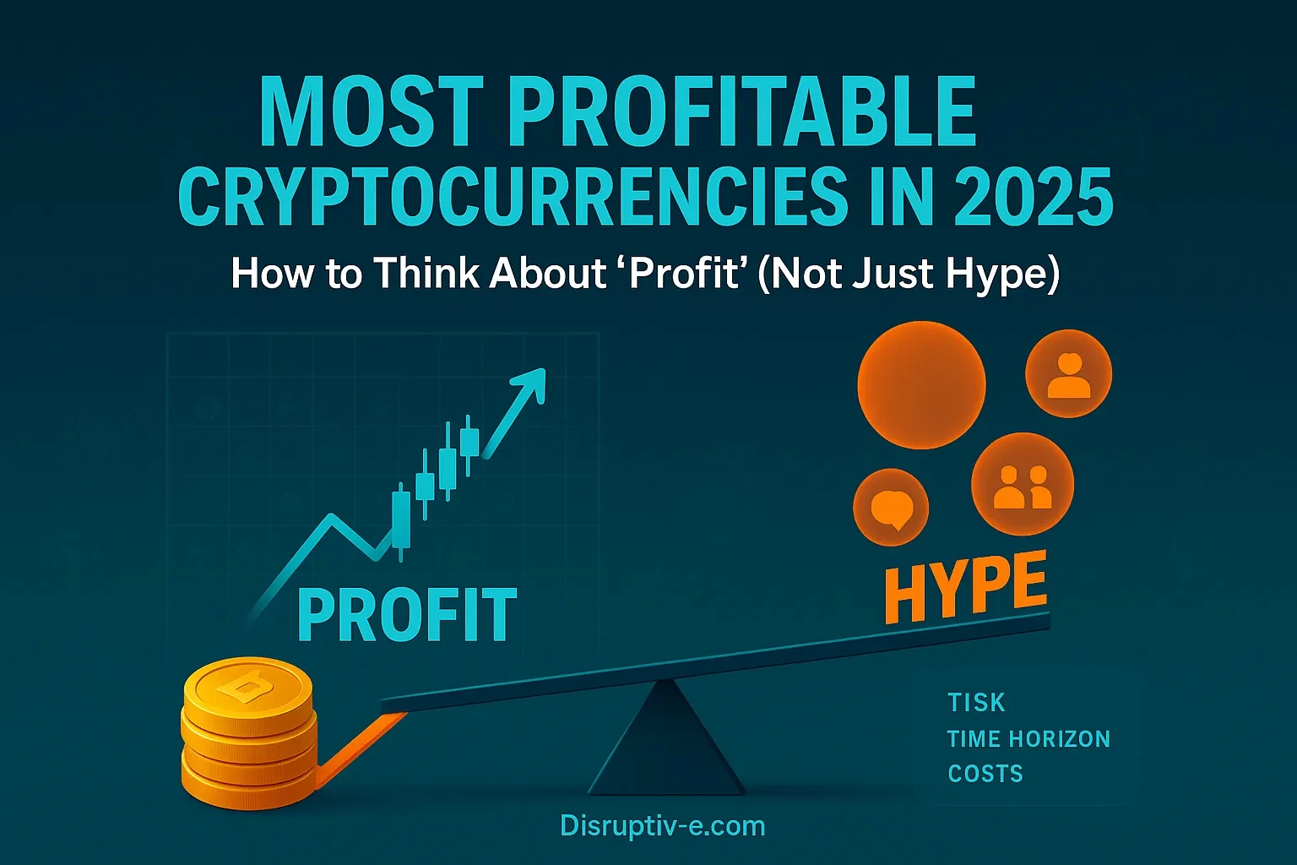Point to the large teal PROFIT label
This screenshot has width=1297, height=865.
(407, 615)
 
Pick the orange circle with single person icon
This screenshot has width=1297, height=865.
(1068, 373)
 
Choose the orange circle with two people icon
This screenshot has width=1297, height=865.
(1023, 485)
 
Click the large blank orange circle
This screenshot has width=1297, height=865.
(921, 384)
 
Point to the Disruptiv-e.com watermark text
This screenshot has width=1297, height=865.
(662, 825)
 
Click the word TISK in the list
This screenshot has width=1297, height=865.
(976, 703)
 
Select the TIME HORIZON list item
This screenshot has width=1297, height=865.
(1028, 739)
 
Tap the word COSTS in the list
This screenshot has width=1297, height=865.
(985, 774)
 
